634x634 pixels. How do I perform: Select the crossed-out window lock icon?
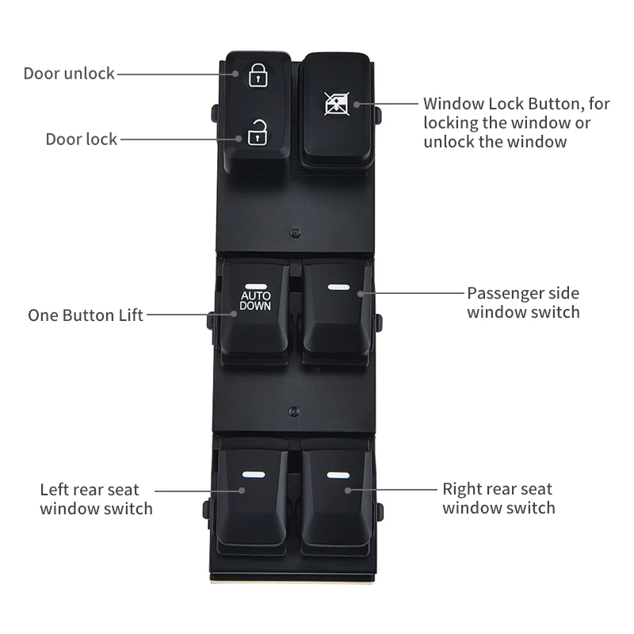point(337,103)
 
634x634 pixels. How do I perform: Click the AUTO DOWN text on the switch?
point(255,300)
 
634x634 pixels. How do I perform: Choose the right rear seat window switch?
point(336,495)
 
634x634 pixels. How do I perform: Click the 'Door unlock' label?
point(69,74)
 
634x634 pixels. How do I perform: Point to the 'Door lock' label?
point(81,139)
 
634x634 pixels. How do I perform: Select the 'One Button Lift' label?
point(86,315)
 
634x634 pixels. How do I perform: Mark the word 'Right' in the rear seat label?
point(462,489)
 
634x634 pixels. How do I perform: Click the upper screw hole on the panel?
point(294,234)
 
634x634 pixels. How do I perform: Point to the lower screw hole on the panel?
point(294,411)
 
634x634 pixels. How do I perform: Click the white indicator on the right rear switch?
point(337,475)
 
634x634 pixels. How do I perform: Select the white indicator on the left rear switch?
point(253,475)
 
